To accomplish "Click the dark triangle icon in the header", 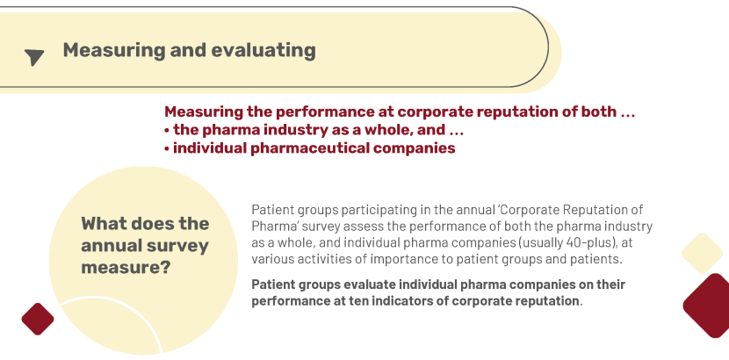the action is point(34,57).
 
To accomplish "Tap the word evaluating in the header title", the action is point(263,50).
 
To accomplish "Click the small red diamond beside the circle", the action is point(38,319).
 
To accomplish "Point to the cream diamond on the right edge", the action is point(702,253).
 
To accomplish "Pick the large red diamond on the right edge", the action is point(708,306).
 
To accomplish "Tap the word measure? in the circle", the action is point(125,268).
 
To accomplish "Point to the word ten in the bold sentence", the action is point(363,300).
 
